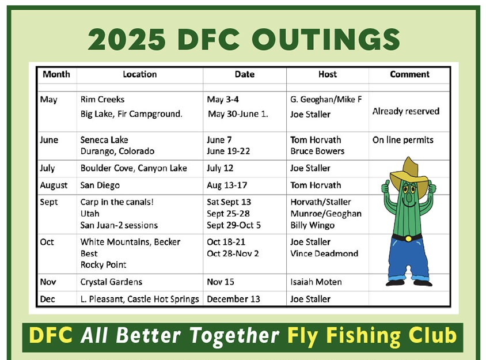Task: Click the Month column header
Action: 56,74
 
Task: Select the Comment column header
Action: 409,74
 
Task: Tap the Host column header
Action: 327,74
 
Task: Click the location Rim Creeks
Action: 102,100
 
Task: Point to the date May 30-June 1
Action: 238,114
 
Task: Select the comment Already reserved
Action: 406,111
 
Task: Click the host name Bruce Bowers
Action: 317,151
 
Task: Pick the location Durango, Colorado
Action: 117,151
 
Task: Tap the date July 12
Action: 220,168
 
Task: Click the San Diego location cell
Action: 100,185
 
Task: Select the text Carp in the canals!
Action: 117,202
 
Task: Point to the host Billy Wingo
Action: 313,225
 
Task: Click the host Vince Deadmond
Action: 324,253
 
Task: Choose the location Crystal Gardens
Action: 111,282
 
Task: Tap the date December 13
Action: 233,299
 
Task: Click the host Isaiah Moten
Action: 316,282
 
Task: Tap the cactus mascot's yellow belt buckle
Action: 408,238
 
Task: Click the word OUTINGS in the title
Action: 326,39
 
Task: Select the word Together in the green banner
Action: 234,336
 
